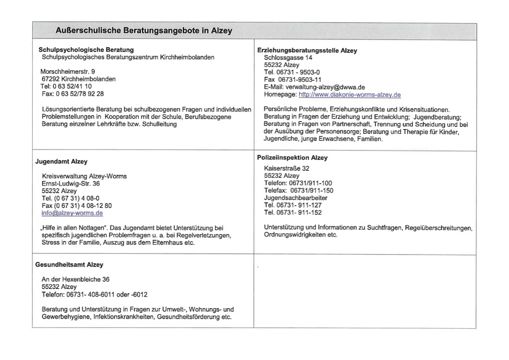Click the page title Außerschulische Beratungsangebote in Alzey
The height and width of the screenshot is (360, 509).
(144, 31)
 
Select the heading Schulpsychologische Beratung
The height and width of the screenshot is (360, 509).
(86, 50)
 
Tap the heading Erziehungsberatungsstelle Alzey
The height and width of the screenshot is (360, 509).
(307, 50)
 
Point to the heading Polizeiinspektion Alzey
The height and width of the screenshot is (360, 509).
(292, 158)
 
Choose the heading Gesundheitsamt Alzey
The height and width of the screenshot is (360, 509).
(69, 265)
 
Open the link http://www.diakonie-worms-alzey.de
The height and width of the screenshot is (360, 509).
(349, 94)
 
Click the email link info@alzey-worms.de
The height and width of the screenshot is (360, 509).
(72, 213)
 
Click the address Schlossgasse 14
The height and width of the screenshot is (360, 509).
(288, 58)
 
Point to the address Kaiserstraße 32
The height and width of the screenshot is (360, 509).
(286, 169)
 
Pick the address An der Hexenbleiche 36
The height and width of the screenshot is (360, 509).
(76, 279)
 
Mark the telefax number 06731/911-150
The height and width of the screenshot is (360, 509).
(311, 190)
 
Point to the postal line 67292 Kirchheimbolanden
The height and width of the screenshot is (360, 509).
(79, 79)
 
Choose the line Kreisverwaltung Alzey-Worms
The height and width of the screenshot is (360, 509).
(84, 176)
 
